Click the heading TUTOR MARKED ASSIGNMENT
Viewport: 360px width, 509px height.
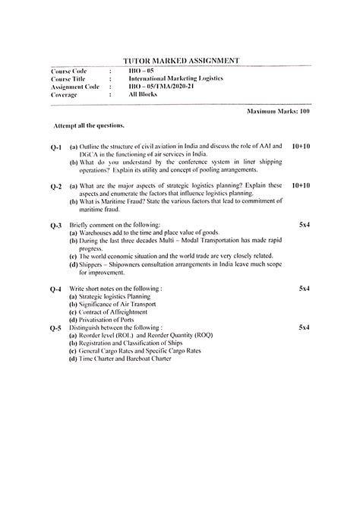(181, 59)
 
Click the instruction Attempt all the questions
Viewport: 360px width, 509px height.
(89, 123)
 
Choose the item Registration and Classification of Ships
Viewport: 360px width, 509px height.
(134, 343)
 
